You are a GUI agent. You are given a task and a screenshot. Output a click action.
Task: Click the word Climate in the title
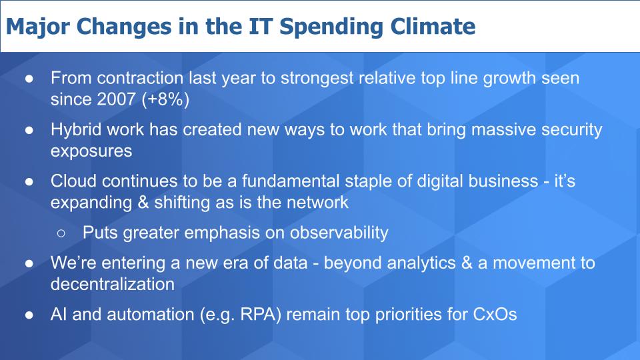tap(433, 27)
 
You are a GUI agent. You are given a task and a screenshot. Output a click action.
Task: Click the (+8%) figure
tap(165, 99)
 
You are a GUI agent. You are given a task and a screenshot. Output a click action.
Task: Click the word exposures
tap(91, 152)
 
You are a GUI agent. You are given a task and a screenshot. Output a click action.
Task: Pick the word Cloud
tap(73, 181)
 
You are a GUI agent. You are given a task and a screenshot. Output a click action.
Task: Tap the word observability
tap(339, 233)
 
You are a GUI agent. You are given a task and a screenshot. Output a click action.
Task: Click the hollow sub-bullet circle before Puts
tap(61, 233)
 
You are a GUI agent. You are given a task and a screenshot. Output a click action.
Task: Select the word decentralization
tap(113, 284)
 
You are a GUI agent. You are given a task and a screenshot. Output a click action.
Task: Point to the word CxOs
tap(495, 315)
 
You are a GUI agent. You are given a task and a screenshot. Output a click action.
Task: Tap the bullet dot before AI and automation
tap(29, 315)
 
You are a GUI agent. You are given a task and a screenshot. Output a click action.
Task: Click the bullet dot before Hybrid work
tap(29, 130)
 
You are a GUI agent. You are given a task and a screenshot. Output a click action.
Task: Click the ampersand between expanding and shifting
tap(143, 203)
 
